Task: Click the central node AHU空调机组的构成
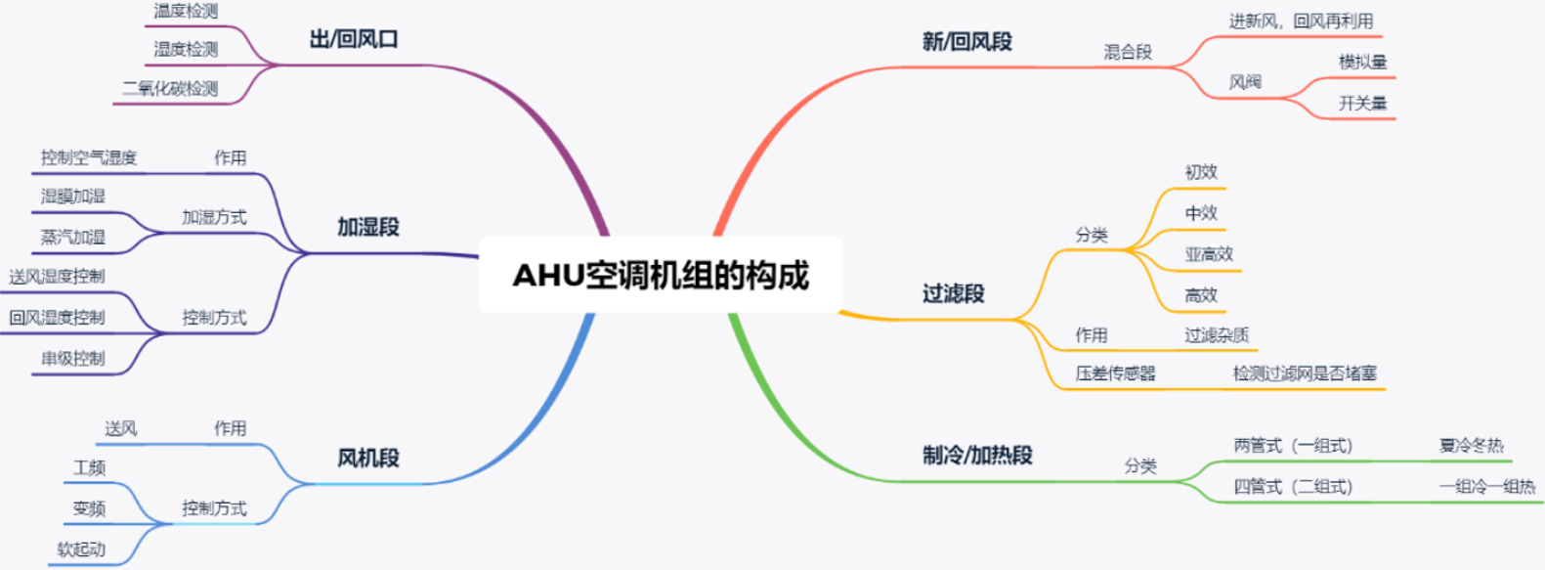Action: coord(661,276)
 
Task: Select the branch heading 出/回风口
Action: coord(354,40)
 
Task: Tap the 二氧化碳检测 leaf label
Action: coord(170,89)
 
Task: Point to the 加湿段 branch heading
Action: coord(368,227)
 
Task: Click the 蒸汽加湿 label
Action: coord(73,238)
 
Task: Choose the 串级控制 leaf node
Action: coord(73,359)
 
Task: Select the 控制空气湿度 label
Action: coord(89,157)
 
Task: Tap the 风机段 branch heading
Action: coord(368,458)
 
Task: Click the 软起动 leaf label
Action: coord(81,549)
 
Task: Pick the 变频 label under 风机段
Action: coord(89,508)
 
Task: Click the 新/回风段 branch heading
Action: coord(966,42)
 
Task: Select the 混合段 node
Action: coord(1128,52)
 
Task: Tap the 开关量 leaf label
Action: coord(1362,104)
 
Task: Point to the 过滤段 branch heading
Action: coord(953,293)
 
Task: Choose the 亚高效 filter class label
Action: coord(1209,254)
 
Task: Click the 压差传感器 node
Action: coord(1115,373)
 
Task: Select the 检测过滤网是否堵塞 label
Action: coord(1305,373)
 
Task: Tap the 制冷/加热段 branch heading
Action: coord(977,456)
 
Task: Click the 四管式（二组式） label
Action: coord(1293,487)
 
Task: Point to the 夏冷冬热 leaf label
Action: coord(1471,446)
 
